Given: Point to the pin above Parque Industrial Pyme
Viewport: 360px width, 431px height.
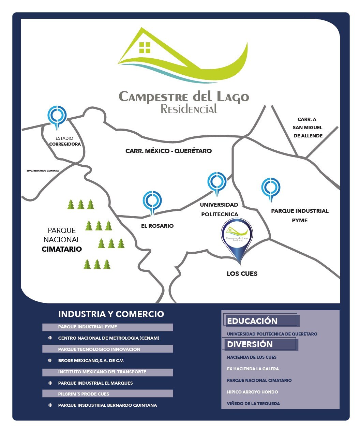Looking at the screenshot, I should pos(271,187).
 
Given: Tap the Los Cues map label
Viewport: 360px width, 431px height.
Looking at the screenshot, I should pos(242,273).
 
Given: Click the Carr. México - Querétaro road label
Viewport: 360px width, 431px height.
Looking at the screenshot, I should pos(168,151).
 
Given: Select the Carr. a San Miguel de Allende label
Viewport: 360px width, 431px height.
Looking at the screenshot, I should pos(307,128).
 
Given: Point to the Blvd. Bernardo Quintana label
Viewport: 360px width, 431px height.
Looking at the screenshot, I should pos(43,170).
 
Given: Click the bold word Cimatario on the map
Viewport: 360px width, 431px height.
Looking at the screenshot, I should pos(62,249).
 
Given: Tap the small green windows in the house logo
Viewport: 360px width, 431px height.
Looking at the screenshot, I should pos(145,48).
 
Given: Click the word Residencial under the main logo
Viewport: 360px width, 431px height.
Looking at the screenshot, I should pos(189,109).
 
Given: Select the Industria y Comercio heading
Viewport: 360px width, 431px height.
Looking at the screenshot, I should pos(111,314).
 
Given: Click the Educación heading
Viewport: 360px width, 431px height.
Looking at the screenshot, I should pos(252,321).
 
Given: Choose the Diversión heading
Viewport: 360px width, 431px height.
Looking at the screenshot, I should pos(250,344).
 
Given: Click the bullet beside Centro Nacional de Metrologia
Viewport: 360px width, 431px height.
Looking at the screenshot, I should pos(50,338).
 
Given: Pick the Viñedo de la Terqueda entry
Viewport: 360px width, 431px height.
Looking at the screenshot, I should pos(253,403).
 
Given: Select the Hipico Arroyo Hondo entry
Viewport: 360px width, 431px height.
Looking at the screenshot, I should pos(252,392).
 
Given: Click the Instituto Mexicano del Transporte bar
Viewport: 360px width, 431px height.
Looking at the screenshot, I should pos(107,372).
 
